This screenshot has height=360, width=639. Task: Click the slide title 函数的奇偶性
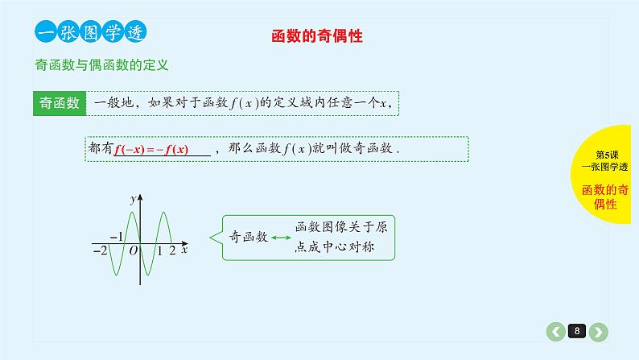[319, 36]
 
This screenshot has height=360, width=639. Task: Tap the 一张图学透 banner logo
[89, 32]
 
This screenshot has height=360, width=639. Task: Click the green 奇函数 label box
[59, 104]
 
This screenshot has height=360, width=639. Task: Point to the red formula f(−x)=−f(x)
[151, 150]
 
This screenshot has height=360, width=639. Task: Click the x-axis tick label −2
[100, 251]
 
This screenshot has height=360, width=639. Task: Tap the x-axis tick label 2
[172, 251]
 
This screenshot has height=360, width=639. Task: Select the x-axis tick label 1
[159, 251]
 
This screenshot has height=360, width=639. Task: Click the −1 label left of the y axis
[117, 236]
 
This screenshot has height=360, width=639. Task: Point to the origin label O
[133, 251]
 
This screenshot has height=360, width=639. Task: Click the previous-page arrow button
[555, 331]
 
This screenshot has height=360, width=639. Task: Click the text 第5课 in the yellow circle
[605, 154]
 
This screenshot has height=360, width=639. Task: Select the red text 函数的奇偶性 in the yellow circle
[605, 197]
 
